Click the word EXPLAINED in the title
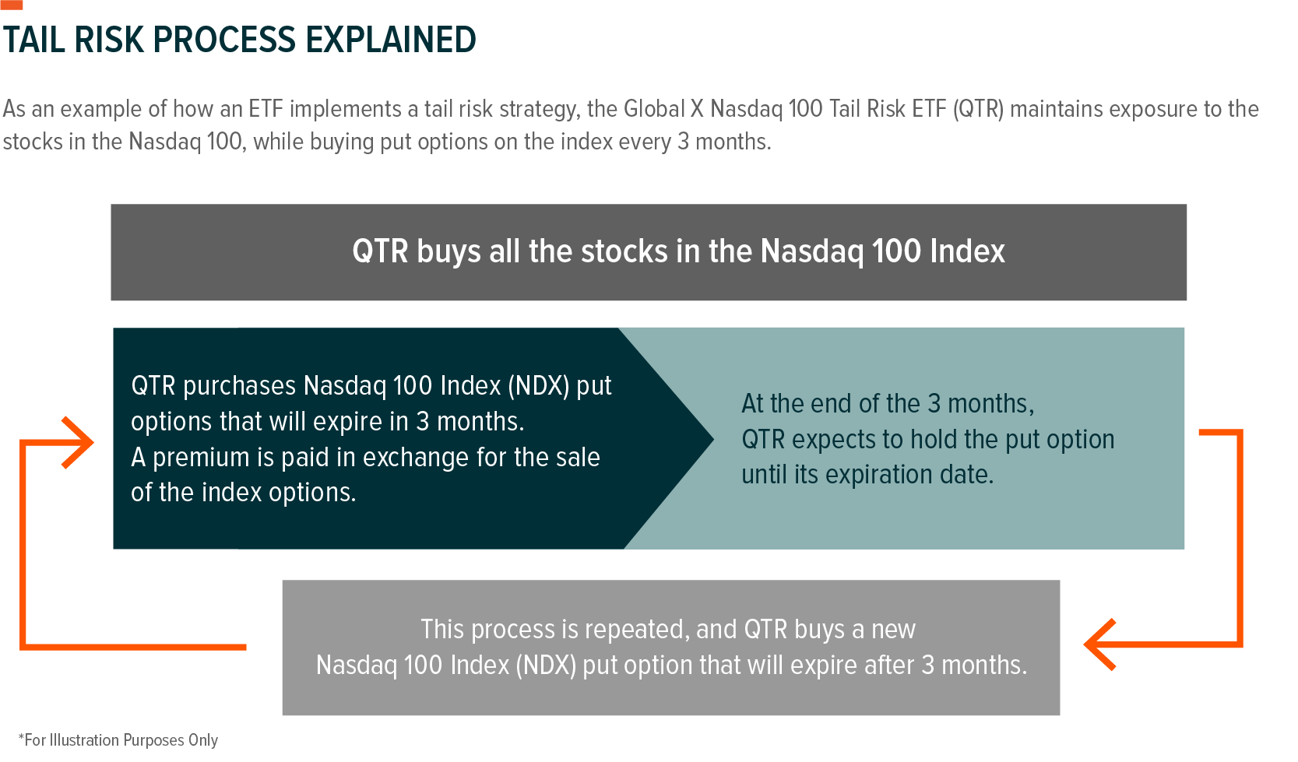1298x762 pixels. [390, 40]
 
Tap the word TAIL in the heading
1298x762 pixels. [33, 40]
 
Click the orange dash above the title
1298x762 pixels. [11, 5]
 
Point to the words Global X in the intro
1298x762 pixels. [663, 109]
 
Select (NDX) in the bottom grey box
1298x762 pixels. [547, 665]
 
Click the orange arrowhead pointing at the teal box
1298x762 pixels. [77, 442]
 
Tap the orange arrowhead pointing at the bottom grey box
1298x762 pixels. [1099, 644]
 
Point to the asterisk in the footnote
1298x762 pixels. [22, 738]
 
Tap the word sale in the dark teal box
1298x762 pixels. [577, 458]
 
